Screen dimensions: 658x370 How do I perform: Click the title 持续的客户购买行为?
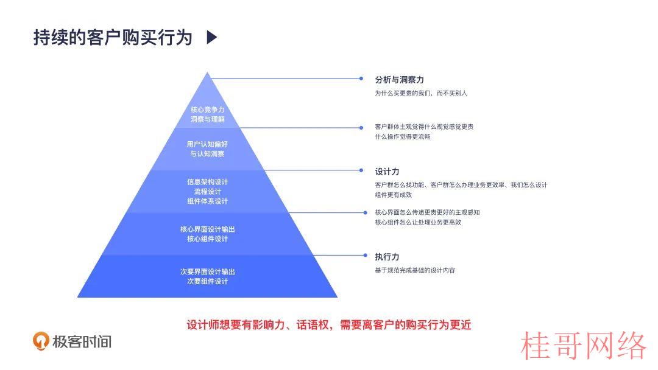pos(113,38)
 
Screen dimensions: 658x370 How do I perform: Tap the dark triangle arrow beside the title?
pos(212,37)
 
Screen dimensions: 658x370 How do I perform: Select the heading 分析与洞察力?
pos(399,80)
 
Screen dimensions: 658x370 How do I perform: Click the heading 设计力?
pos(387,172)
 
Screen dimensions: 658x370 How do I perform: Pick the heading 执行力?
pos(387,257)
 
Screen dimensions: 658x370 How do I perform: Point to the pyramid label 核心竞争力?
pos(207,110)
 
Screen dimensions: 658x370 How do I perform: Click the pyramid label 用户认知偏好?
pos(207,144)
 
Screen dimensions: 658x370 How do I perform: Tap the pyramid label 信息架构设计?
pos(207,182)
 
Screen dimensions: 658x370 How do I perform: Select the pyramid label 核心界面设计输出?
pos(207,229)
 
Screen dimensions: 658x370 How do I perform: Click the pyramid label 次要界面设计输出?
pos(207,271)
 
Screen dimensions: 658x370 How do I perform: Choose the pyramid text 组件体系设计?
pos(207,201)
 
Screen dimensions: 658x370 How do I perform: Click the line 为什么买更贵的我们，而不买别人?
pos(421,93)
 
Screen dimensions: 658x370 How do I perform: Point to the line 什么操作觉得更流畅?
pos(403,136)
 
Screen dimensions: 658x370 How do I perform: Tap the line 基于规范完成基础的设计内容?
pos(415,270)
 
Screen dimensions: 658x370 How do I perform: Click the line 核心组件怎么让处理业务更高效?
pos(418,223)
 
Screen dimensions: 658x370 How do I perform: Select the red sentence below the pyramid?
pos(329,325)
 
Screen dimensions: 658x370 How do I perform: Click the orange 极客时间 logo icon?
pos(41,341)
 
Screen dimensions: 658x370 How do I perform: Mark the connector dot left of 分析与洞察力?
pos(361,79)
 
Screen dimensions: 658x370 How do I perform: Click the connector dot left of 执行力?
pos(365,255)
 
